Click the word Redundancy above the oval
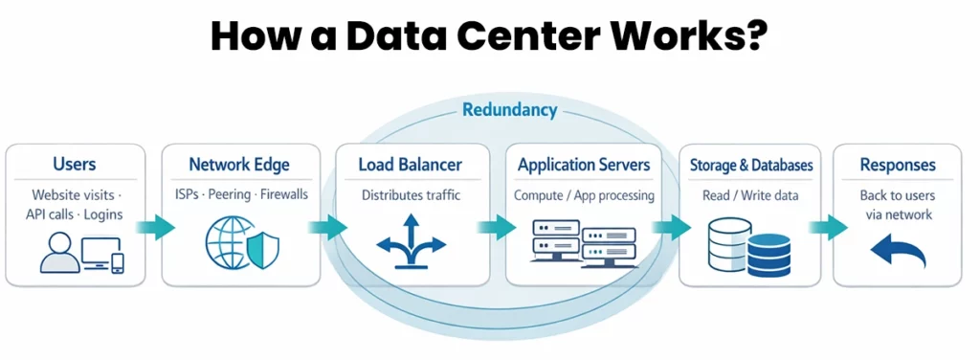(x=509, y=110)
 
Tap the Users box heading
(x=75, y=165)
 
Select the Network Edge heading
(x=238, y=165)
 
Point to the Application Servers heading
(x=584, y=165)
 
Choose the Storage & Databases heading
(x=751, y=166)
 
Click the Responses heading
(x=897, y=165)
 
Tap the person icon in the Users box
(x=59, y=251)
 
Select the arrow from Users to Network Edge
(x=153, y=227)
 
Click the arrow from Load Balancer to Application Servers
(x=498, y=227)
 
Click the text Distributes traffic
(x=411, y=195)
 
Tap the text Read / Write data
(x=751, y=195)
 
